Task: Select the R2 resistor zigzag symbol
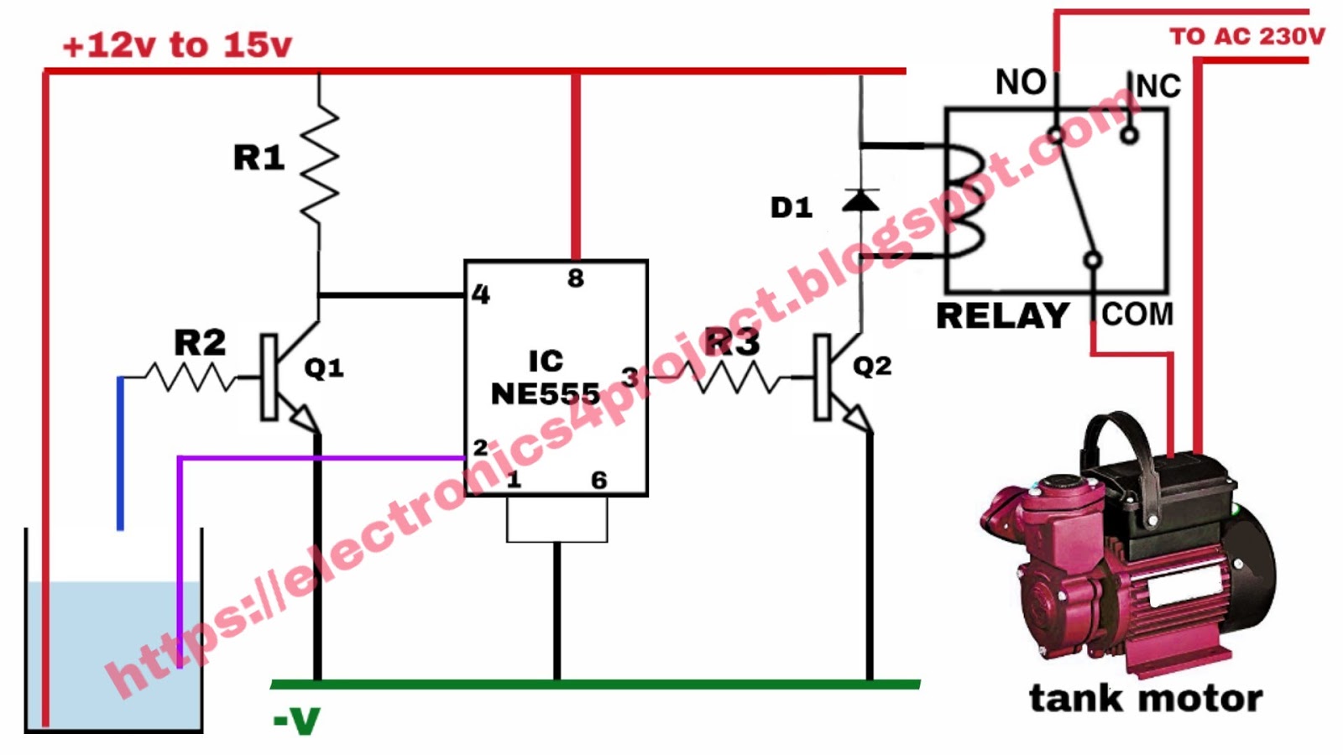[191, 377]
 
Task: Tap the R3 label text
[732, 341]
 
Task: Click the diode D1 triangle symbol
[860, 200]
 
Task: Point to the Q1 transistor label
[324, 367]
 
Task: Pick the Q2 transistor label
[872, 366]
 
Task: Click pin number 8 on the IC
[575, 279]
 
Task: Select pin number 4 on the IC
[480, 294]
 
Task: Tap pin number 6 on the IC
[598, 481]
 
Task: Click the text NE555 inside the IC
[546, 393]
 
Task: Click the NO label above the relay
[1021, 82]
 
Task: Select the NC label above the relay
[1158, 86]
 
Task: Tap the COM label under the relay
[1137, 315]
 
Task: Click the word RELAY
[1002, 316]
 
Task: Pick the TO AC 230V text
[1246, 36]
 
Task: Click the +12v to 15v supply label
[177, 45]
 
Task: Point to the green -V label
[296, 720]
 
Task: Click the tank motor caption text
[1146, 698]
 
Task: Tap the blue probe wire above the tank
[121, 453]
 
